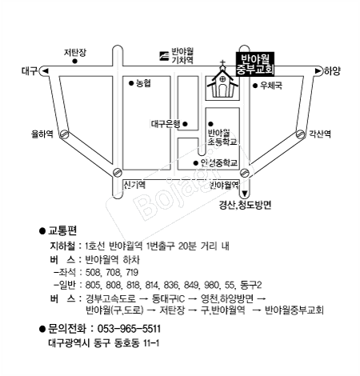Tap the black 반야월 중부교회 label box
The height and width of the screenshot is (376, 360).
255,64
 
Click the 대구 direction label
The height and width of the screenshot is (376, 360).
30,71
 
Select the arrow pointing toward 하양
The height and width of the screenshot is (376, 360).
318,71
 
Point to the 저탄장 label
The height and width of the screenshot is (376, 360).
75,52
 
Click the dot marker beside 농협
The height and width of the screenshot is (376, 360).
131,83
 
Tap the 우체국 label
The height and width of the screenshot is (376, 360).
271,86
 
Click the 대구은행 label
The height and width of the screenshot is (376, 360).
166,124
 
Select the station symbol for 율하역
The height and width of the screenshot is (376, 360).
64,134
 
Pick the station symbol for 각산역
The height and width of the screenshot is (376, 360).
301,134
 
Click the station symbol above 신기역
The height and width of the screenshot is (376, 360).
117,173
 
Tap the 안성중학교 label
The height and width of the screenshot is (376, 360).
219,162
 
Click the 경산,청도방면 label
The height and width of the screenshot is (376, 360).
245,205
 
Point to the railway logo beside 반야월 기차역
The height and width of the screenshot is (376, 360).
164,56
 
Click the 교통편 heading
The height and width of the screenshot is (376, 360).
62,230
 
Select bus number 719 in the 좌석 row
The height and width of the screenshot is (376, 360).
132,272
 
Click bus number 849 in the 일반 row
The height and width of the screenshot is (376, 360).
191,285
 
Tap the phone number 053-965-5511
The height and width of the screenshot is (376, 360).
129,329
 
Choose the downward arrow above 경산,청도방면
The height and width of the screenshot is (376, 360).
245,194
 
